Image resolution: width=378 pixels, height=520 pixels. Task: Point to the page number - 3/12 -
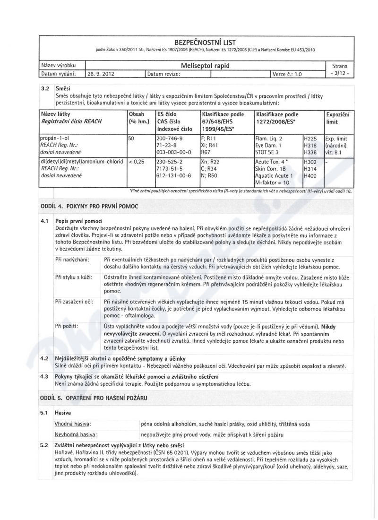click(340, 74)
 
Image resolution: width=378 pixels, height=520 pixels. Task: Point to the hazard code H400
click(311, 175)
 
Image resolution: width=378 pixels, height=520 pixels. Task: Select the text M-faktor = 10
click(272, 182)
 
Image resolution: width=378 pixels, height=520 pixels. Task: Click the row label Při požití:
click(67, 326)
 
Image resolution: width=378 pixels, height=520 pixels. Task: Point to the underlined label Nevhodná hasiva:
click(76, 433)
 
